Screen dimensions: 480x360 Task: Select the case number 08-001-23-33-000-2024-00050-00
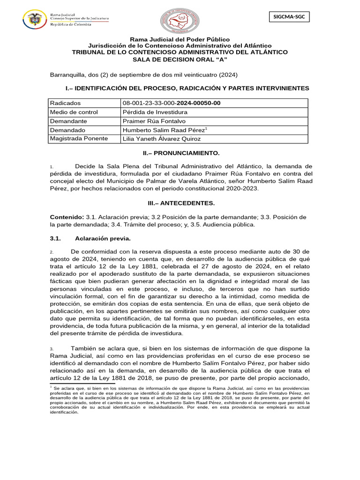click(x=171, y=103)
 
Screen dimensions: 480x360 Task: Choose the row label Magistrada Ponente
click(x=79, y=139)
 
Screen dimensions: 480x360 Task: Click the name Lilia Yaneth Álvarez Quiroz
click(x=162, y=139)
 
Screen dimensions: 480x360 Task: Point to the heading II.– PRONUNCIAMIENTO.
click(x=180, y=153)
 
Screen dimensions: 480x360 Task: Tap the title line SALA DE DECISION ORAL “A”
click(x=180, y=59)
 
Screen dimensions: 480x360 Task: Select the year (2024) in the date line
click(x=228, y=75)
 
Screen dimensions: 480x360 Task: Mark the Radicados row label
click(x=65, y=103)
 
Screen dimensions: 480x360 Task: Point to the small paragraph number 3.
click(x=52, y=349)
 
